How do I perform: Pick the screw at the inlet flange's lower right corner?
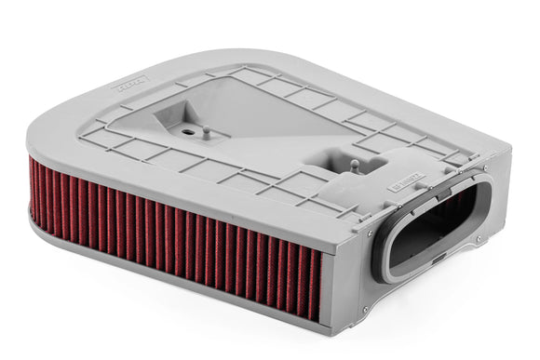pyautogui.click(x=479, y=239)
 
